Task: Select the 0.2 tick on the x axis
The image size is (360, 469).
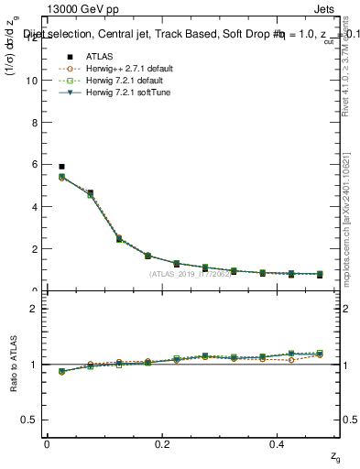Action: [x=163, y=443]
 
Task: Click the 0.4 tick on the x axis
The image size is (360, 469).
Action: [x=279, y=443]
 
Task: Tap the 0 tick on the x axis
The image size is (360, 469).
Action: [x=47, y=443]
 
